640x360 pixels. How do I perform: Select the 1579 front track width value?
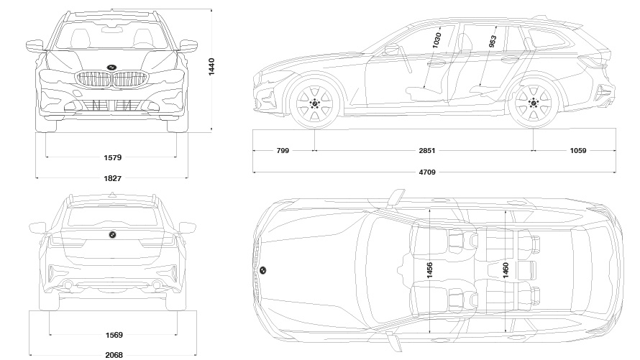click(x=112, y=157)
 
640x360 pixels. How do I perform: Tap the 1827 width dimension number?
click(x=112, y=177)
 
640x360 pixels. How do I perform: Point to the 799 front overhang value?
click(x=283, y=151)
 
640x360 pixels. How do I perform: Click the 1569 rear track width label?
click(x=113, y=334)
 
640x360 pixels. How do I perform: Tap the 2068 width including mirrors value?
click(x=113, y=354)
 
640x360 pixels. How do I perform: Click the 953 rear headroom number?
click(x=493, y=42)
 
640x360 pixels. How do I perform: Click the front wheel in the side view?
click(x=314, y=103)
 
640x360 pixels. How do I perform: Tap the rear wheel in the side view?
click(x=533, y=103)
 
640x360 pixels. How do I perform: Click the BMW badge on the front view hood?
click(x=112, y=67)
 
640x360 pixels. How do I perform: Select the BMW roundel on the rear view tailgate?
click(x=112, y=235)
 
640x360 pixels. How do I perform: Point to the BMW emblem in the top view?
click(x=263, y=270)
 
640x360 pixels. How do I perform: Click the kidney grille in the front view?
click(x=112, y=80)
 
